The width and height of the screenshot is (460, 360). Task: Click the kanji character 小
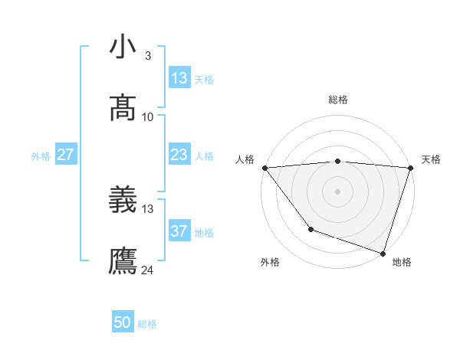[123, 47]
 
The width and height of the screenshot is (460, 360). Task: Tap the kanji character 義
[123, 201]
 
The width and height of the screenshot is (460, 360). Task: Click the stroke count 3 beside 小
[147, 55]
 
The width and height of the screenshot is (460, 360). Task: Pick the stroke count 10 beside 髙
[148, 117]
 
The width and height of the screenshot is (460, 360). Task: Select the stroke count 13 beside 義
[148, 208]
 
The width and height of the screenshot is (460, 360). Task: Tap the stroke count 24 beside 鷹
[148, 270]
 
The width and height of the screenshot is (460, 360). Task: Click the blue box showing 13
[179, 78]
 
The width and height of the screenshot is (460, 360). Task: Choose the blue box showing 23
[179, 155]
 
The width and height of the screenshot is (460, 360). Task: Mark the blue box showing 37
[179, 231]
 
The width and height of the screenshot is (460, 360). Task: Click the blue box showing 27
[65, 155]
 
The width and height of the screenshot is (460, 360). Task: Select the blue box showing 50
[123, 322]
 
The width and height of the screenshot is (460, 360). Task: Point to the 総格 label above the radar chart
[338, 100]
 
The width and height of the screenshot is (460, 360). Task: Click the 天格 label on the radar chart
[432, 159]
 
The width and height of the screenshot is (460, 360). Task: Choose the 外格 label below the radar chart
[270, 262]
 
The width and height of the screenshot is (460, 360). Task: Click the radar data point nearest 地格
[383, 253]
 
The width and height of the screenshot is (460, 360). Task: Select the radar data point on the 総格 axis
[338, 161]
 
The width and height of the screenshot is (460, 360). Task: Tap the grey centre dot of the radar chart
[338, 191]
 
